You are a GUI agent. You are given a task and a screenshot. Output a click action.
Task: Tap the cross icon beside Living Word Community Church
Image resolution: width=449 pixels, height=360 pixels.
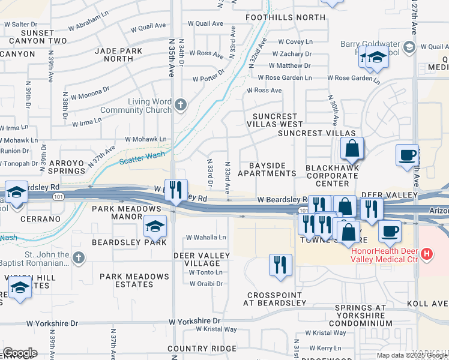point(179,106)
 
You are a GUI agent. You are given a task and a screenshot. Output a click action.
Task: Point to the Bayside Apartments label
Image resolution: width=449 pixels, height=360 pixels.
point(267,169)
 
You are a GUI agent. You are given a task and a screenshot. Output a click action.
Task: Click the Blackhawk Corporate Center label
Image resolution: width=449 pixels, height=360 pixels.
point(332,175)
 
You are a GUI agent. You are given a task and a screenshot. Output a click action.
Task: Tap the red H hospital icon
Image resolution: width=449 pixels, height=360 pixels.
point(427,254)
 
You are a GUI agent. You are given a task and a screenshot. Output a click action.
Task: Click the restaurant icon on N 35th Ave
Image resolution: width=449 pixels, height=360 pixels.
point(176,191)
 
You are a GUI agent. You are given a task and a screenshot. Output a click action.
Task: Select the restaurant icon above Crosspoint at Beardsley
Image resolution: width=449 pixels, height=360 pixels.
point(280,265)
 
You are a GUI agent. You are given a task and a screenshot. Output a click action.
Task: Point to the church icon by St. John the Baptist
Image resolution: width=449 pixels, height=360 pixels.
point(77,258)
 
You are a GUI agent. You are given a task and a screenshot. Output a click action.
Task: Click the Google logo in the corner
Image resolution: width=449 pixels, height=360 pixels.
point(20,352)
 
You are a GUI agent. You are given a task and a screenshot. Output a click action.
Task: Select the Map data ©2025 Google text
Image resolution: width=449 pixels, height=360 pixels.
point(411,355)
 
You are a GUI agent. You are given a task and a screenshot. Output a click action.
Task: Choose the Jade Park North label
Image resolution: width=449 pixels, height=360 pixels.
point(118,55)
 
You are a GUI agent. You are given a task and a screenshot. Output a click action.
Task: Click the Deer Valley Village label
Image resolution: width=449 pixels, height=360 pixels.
point(201,259)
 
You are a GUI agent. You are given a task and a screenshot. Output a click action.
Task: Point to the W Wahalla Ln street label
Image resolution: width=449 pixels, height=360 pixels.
point(206,238)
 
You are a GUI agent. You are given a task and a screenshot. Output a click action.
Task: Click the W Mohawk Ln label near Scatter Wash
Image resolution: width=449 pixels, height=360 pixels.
point(146,139)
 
